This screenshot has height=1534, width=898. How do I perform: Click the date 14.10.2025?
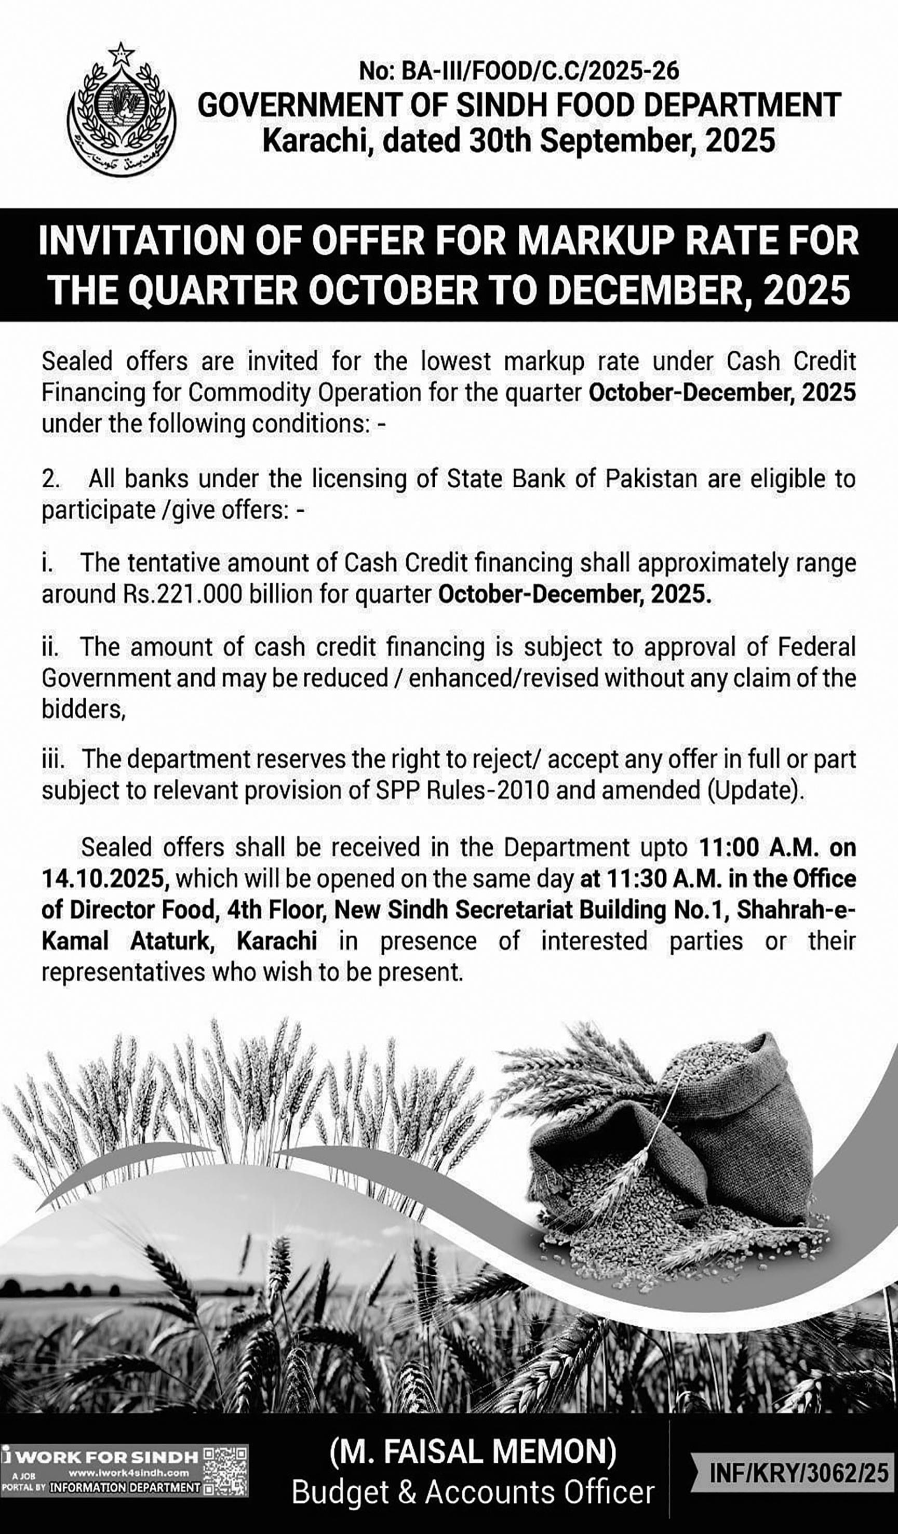coord(102,878)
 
